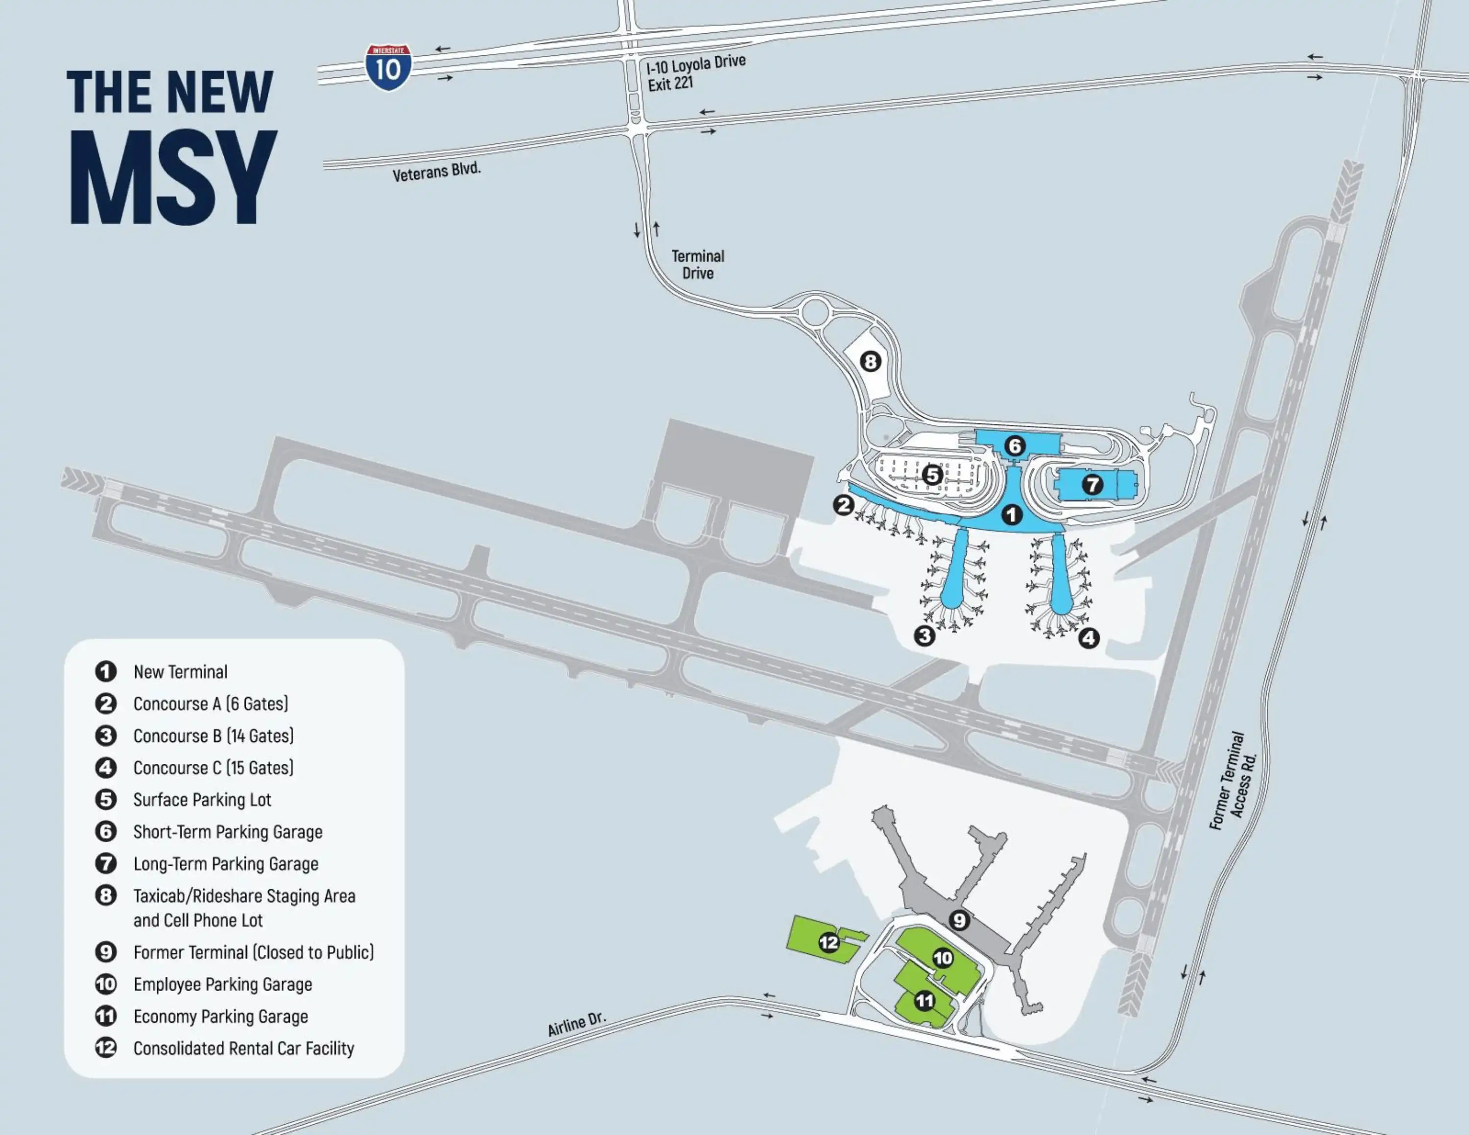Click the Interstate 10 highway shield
tap(388, 67)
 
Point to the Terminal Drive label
tap(697, 264)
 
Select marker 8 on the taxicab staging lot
tap(870, 362)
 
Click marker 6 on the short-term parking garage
tap(1014, 445)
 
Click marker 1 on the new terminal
tap(1012, 515)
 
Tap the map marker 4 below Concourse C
tap(1089, 638)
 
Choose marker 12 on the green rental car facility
tap(829, 943)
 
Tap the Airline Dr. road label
tap(576, 1024)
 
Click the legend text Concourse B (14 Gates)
tap(213, 735)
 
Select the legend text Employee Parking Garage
tap(223, 984)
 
